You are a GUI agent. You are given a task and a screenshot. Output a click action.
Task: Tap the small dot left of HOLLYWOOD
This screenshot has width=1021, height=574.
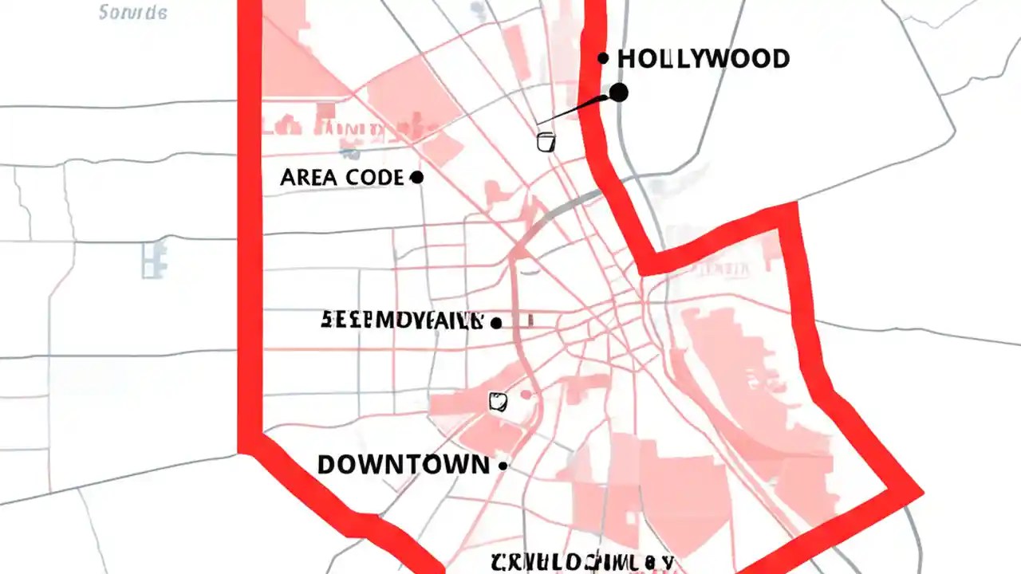603,58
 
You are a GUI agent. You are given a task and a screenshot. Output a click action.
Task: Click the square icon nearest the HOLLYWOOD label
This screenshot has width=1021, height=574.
546,142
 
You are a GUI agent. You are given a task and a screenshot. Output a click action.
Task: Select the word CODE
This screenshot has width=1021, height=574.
375,178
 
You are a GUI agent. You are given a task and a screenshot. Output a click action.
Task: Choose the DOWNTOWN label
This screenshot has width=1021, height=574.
403,465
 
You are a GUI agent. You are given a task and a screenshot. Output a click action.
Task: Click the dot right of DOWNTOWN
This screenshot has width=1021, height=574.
503,466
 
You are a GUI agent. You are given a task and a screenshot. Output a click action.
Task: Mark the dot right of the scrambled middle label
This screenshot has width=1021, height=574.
496,323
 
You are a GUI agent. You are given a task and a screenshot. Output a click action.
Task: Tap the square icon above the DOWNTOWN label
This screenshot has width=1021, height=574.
498,401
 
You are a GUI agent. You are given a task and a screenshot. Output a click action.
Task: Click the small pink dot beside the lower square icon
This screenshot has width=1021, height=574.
526,395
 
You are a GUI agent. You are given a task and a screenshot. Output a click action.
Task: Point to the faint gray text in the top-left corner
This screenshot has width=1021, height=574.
132,13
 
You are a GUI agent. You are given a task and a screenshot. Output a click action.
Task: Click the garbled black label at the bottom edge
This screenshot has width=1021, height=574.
582,562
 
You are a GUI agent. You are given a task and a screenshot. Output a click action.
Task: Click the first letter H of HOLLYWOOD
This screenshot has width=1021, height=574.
628,58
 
